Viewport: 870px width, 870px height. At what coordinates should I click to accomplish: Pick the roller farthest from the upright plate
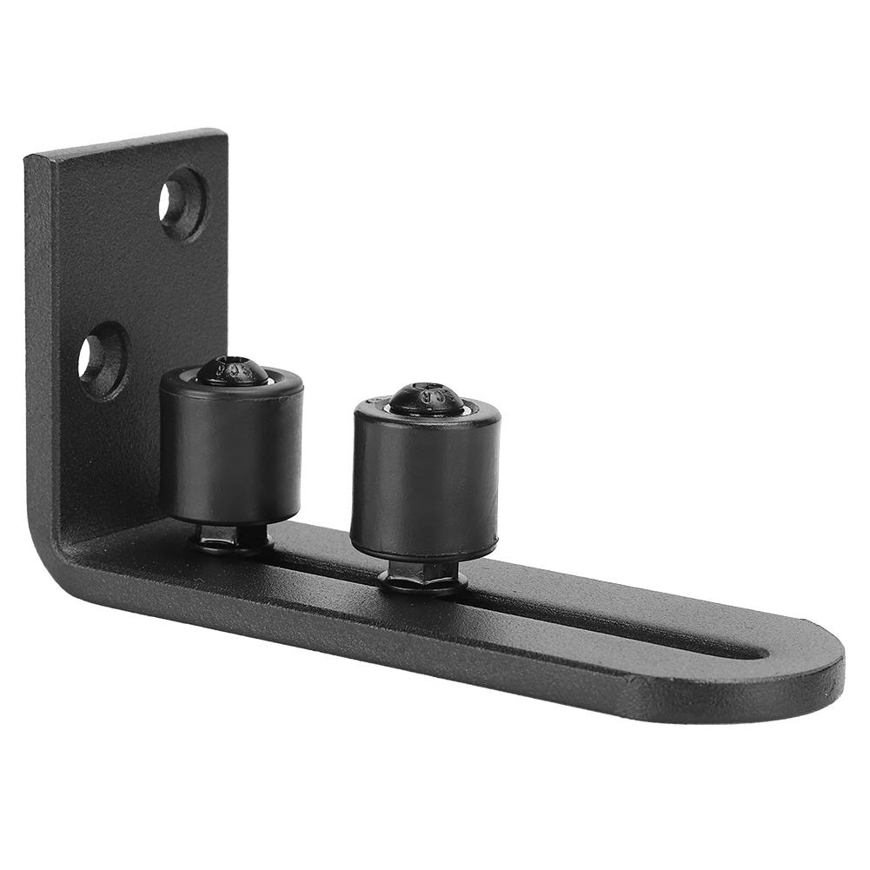click(x=425, y=482)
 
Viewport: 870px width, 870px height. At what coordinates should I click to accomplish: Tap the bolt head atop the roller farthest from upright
click(x=425, y=398)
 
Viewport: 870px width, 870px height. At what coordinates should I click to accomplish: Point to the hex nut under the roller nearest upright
click(x=229, y=537)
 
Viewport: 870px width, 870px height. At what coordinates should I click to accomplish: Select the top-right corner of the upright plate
click(x=223, y=134)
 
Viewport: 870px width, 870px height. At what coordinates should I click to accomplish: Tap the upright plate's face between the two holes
click(x=130, y=278)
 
